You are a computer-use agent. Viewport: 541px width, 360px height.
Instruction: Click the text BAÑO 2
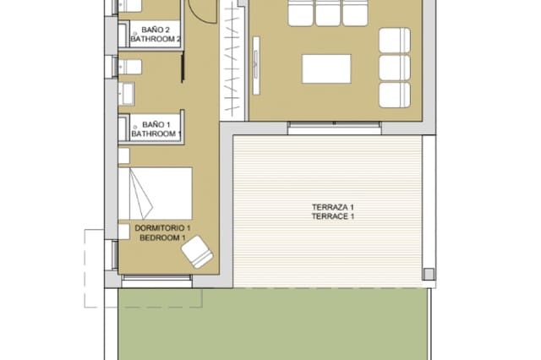click(x=156, y=30)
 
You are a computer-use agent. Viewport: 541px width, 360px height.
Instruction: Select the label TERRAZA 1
click(x=332, y=207)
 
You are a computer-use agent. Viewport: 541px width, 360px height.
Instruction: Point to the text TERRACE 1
click(x=332, y=217)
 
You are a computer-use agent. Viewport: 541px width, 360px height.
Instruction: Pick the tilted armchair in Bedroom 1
click(x=199, y=252)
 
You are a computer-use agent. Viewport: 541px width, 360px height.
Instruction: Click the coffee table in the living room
click(x=325, y=68)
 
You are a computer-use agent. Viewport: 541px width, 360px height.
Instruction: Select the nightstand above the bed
click(x=123, y=156)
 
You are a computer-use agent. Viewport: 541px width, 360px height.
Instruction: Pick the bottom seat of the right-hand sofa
click(x=394, y=94)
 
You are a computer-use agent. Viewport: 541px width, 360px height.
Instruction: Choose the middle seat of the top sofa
click(x=326, y=14)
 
